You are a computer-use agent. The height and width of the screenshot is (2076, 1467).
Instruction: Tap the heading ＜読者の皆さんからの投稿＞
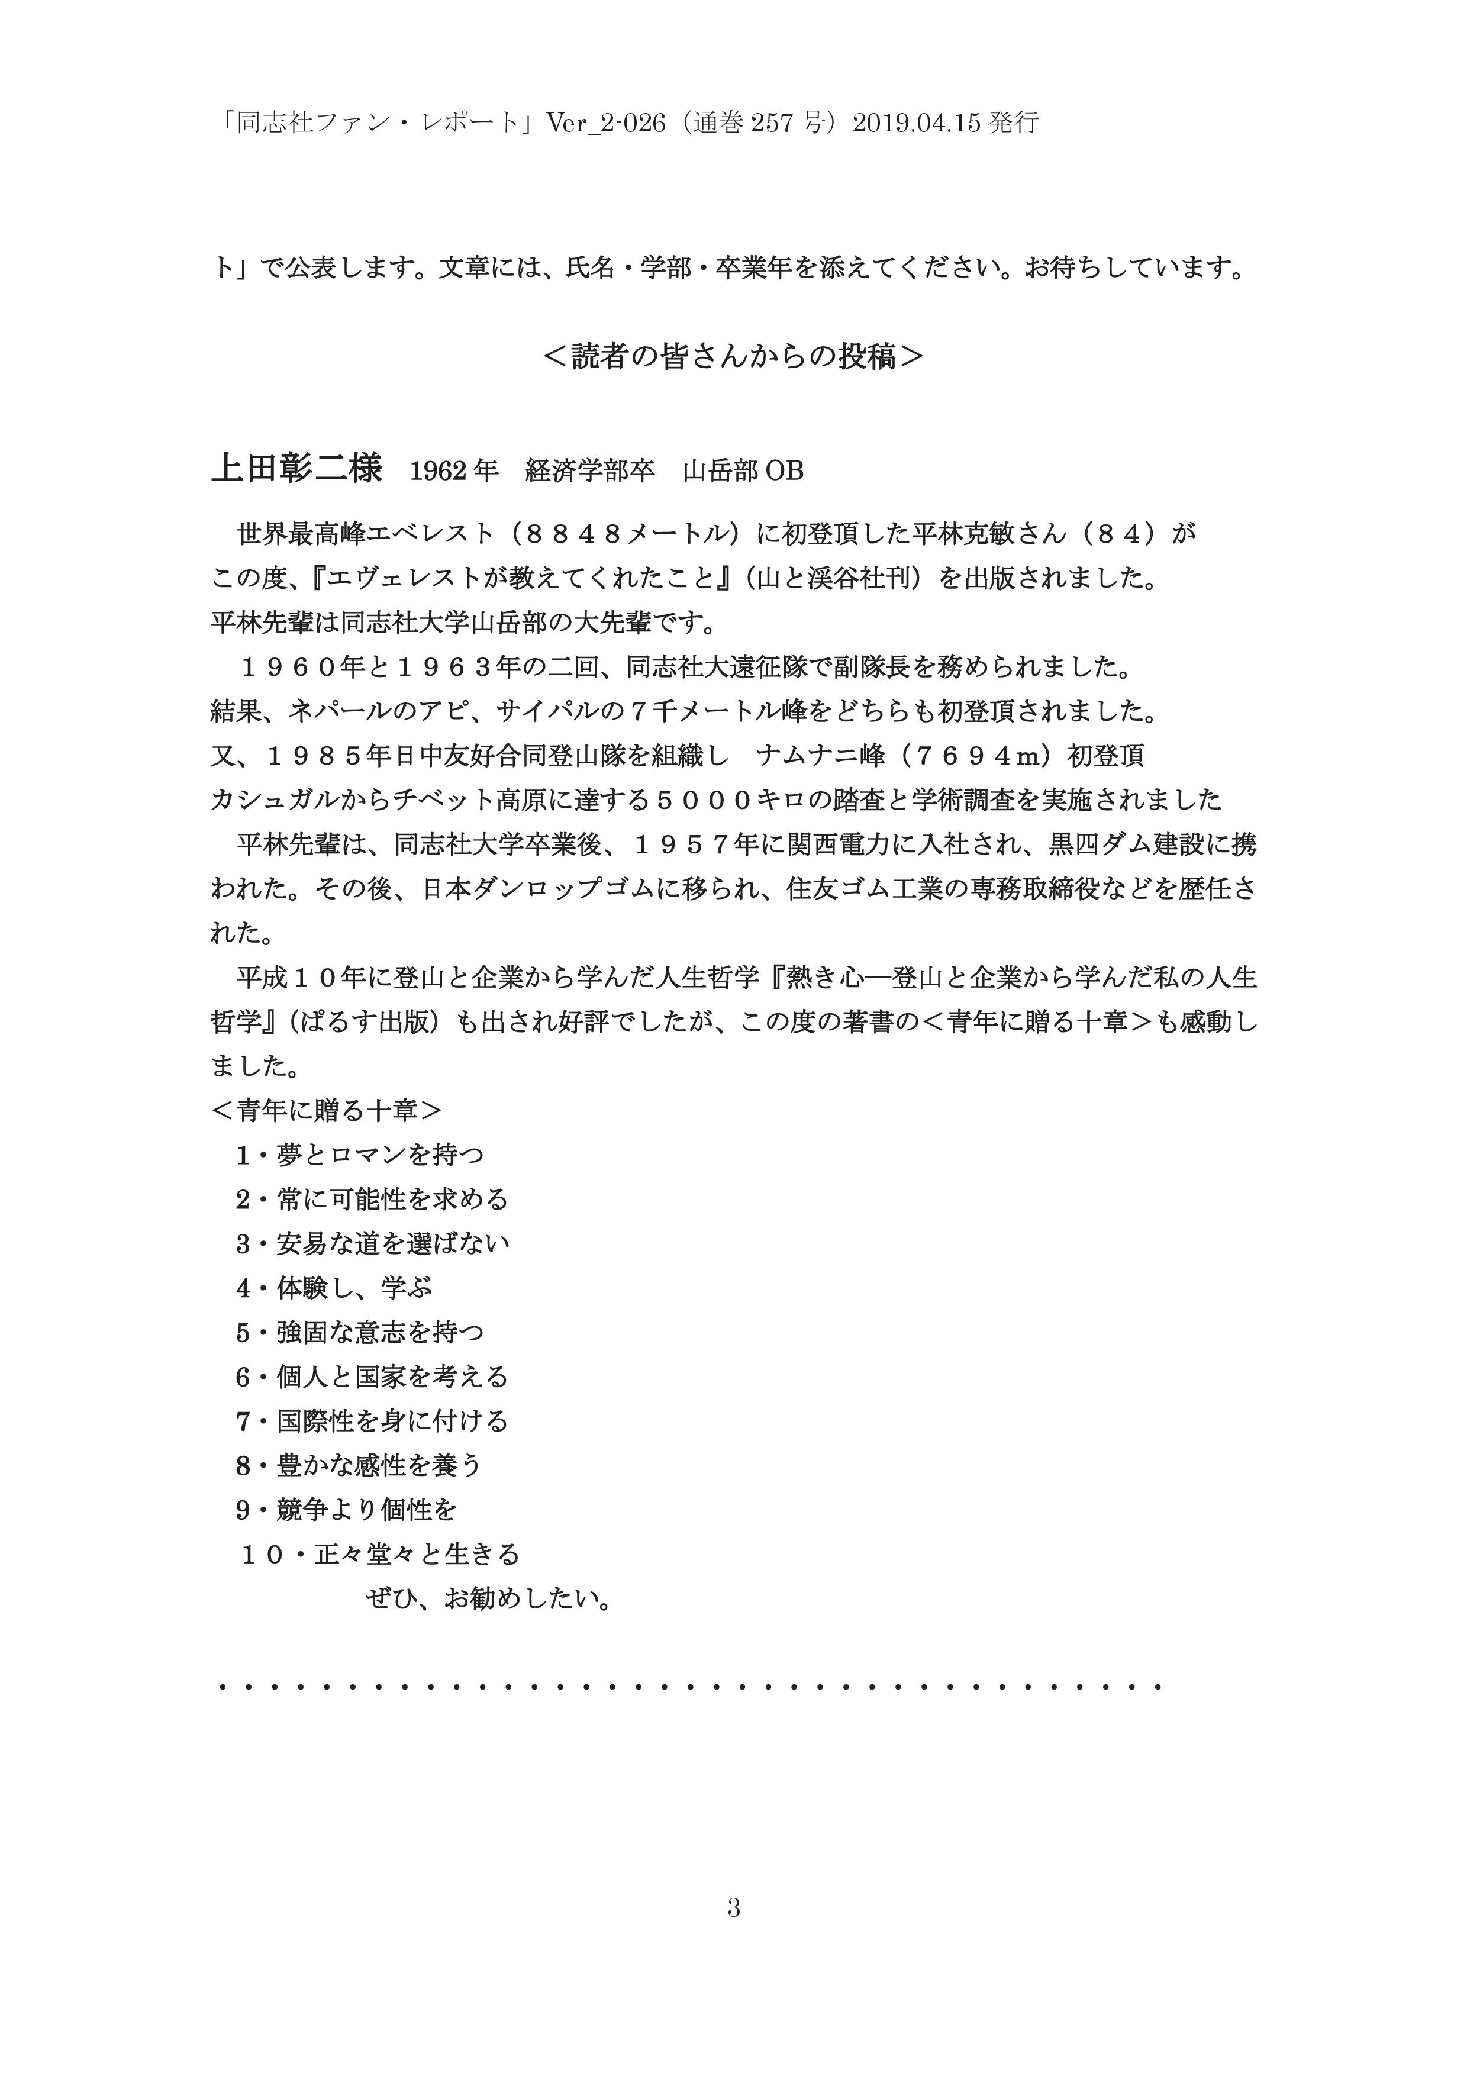click(x=733, y=356)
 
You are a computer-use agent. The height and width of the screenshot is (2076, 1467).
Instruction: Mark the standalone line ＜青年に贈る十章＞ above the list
click(x=326, y=1110)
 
